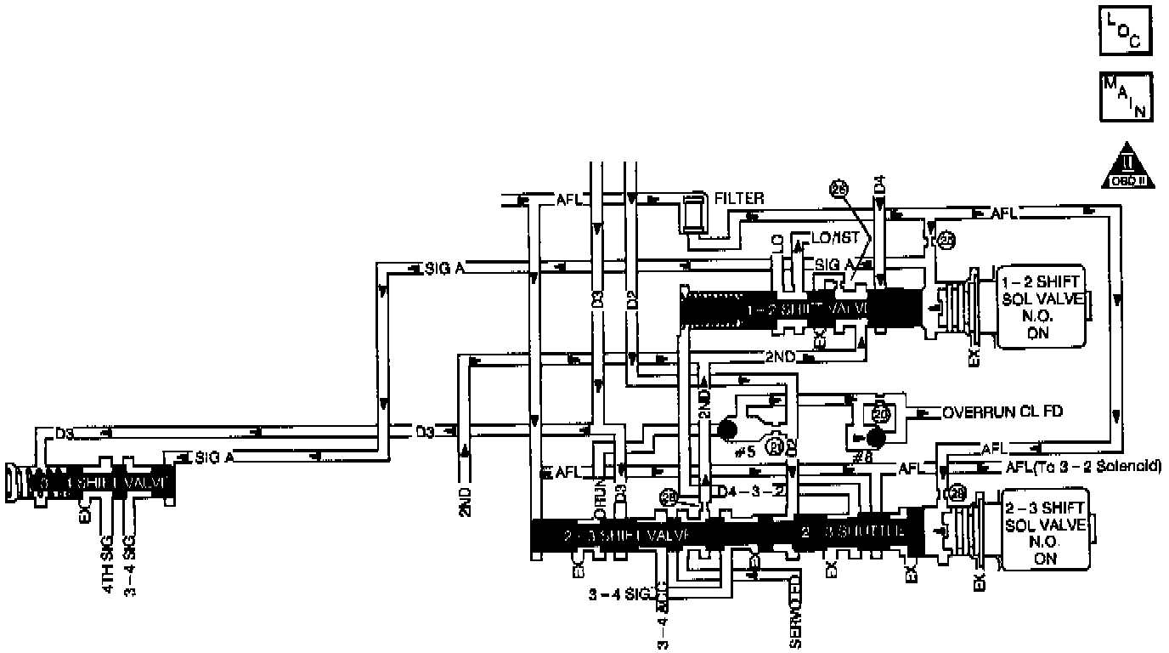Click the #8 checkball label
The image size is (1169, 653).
coord(861,456)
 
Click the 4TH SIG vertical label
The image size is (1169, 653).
coord(108,562)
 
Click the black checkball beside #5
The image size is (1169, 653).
coord(726,429)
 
